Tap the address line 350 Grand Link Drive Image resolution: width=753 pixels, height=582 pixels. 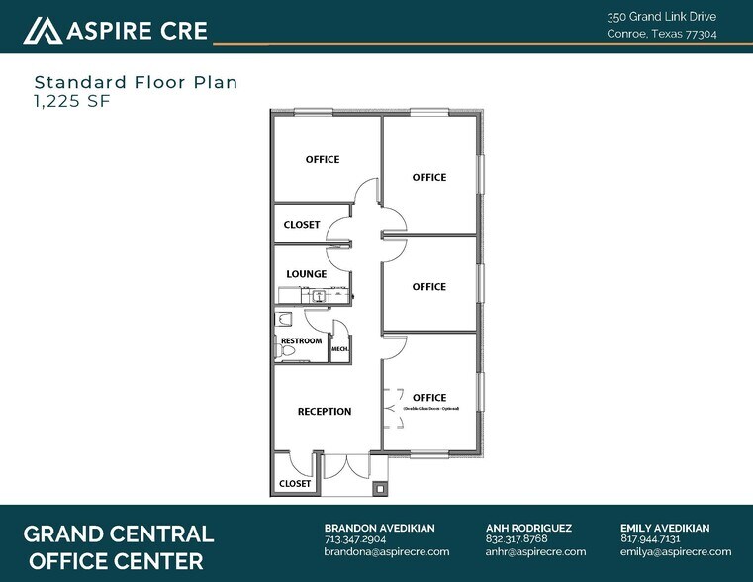(x=661, y=17)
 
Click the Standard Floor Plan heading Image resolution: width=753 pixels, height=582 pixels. (x=136, y=82)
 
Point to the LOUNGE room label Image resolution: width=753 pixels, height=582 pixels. (x=306, y=274)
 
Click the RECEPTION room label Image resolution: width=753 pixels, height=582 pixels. (x=325, y=412)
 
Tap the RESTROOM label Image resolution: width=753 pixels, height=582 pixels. (x=301, y=341)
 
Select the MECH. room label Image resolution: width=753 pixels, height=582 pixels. (x=339, y=349)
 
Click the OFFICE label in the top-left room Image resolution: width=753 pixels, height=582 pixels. (x=322, y=159)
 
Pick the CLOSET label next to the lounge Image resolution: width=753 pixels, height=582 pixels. (x=302, y=225)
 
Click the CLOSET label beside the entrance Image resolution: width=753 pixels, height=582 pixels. (x=294, y=484)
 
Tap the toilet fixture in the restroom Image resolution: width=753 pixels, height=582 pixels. (x=285, y=319)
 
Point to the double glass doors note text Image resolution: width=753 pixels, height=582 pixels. (x=429, y=408)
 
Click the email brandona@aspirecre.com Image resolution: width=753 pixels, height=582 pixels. (x=387, y=552)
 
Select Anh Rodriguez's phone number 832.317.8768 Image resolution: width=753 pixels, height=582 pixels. (x=517, y=539)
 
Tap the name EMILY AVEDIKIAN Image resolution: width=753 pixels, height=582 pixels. (x=664, y=528)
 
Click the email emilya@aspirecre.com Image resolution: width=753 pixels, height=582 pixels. (x=676, y=552)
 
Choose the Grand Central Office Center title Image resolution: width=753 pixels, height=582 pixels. (x=118, y=547)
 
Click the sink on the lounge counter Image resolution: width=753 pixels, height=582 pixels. (x=320, y=295)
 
